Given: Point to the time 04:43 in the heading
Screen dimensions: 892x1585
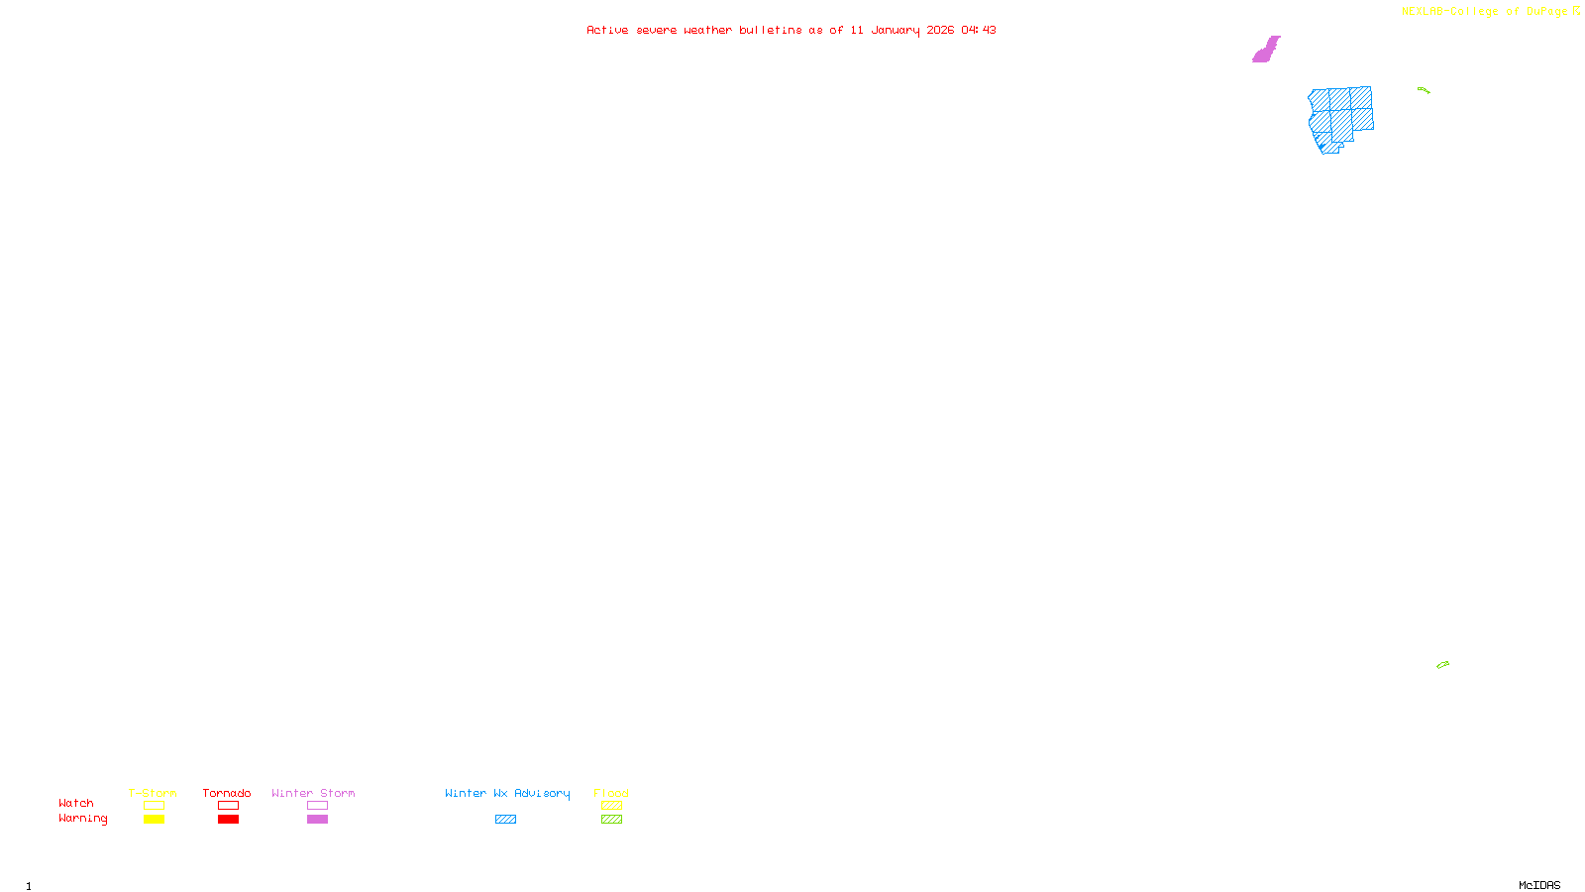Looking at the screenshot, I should pos(978,30).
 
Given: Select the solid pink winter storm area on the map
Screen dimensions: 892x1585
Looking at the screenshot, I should pos(1266,50).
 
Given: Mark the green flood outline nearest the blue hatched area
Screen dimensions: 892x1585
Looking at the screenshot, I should pos(1424,90).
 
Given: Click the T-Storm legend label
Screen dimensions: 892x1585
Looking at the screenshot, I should pos(153,793).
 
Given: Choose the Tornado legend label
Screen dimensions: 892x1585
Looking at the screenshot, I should pos(227,793).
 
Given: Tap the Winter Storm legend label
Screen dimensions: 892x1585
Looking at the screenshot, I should pos(313,793).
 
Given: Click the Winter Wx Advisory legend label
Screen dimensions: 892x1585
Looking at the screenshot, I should pos(507,793).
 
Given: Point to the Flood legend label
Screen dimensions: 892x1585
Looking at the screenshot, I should pos(611,793).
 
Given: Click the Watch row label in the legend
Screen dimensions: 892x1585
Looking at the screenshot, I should pos(76,803).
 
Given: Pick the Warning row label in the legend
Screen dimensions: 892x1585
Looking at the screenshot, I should pos(82,819).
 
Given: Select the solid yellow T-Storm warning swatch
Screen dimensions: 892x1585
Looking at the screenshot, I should pos(154,820).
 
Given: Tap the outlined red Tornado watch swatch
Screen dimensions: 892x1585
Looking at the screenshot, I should pos(229,806).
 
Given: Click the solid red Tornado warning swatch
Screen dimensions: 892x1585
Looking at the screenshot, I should pos(229,820).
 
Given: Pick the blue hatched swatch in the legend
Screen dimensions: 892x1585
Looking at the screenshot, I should pos(505,820).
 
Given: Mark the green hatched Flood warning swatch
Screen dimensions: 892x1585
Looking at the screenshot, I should pos(611,820).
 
